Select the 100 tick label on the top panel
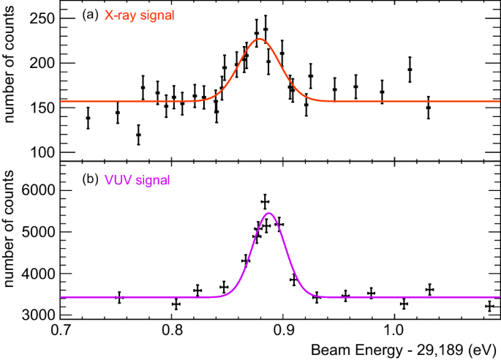pos(45,152)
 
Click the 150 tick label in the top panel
pos(45,108)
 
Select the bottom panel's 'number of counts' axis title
pos(12,247)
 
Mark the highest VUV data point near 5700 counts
pos(265,201)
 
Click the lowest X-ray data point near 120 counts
pos(138,135)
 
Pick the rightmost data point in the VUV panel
pos(489,306)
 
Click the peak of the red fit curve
pos(260,40)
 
